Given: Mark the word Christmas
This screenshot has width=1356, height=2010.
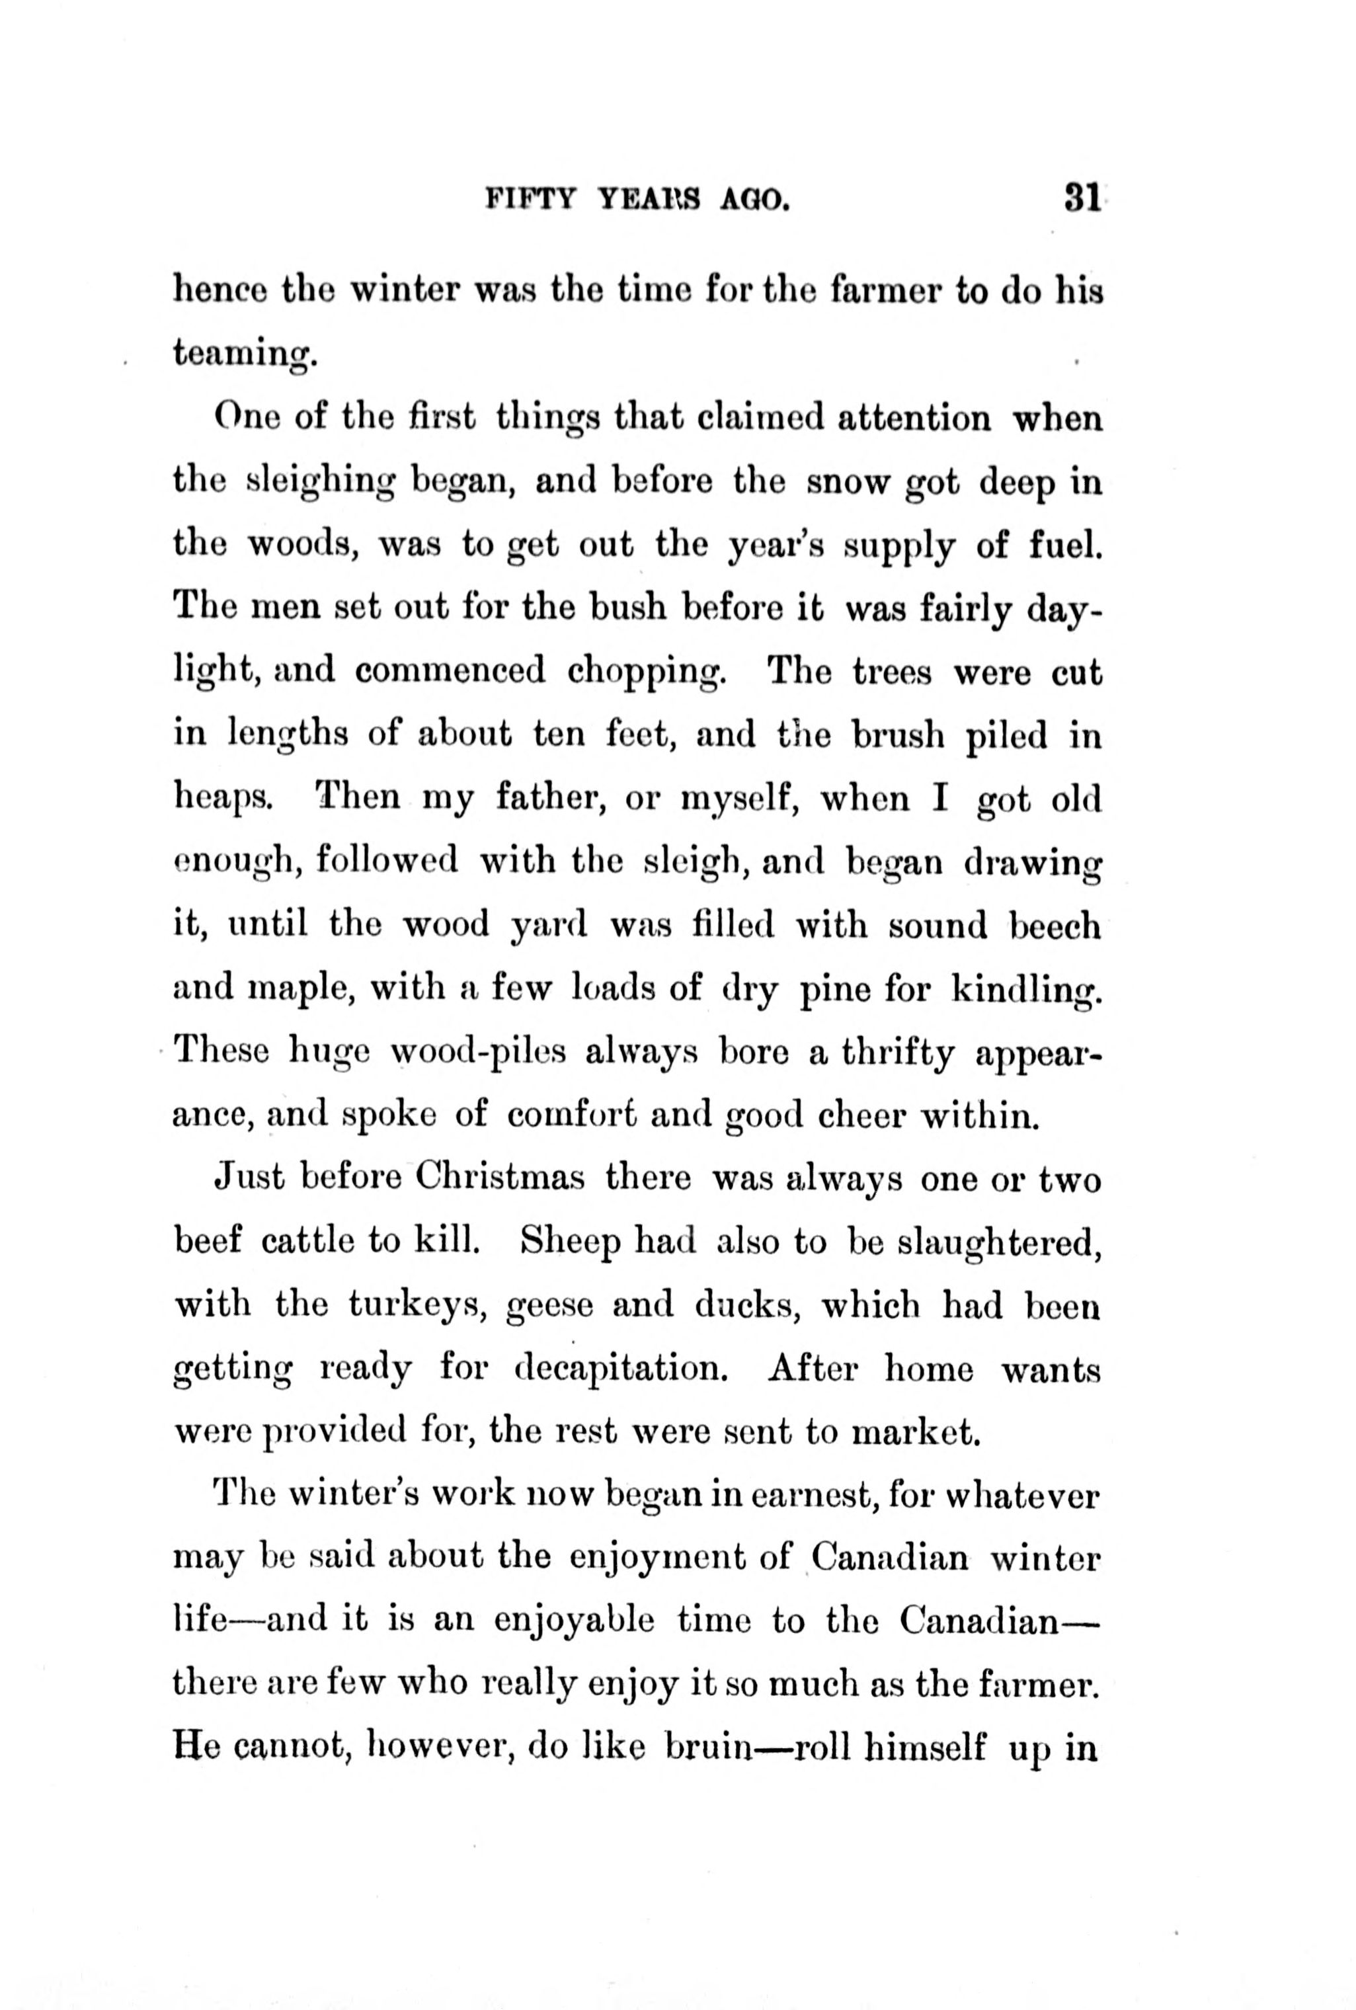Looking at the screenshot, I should click(x=500, y=1180).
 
